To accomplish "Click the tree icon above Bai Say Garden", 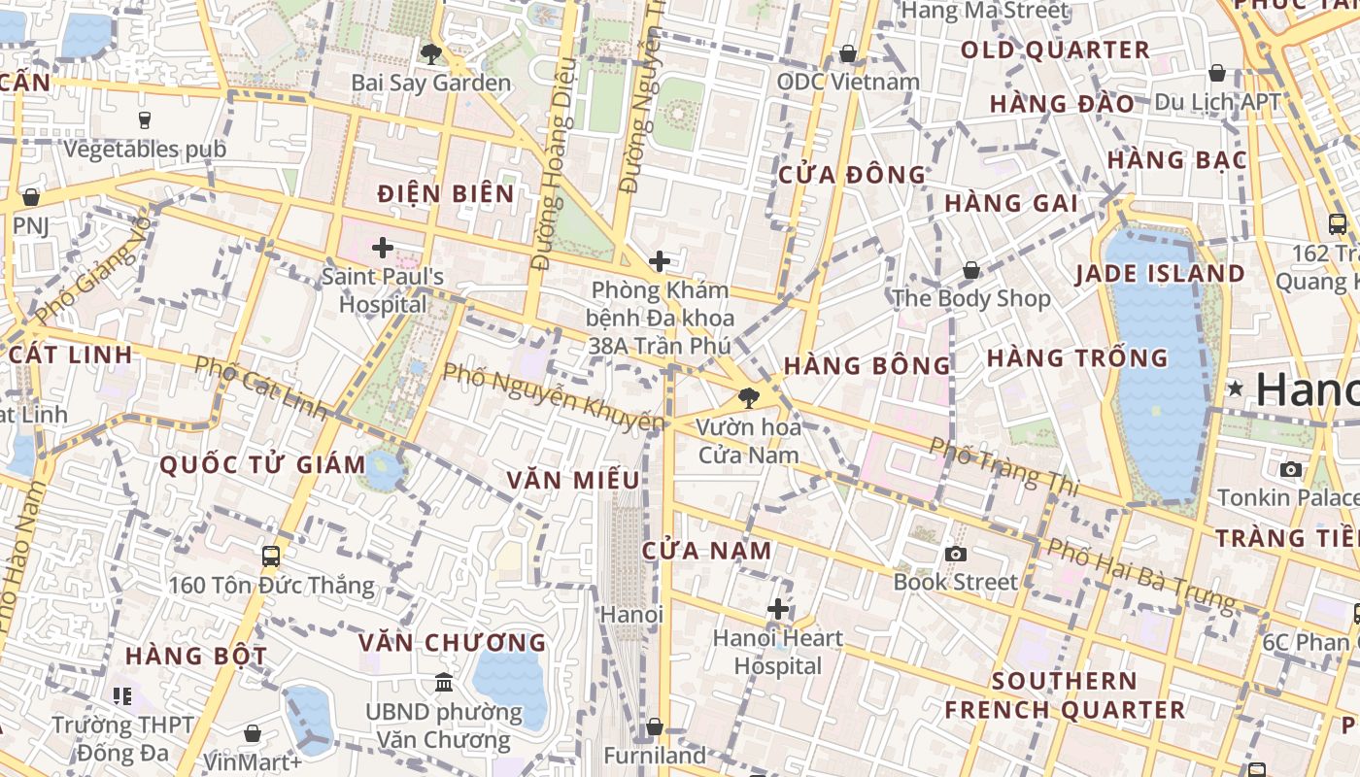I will pos(430,54).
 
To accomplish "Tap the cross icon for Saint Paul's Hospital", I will pos(383,248).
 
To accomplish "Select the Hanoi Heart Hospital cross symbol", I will pos(778,609).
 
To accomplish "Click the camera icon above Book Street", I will pos(956,554).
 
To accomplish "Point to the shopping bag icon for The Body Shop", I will pos(970,270).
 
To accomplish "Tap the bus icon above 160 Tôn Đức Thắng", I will pos(271,557).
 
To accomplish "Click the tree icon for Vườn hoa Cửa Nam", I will pos(749,397).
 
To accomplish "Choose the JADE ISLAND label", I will pos(1160,274).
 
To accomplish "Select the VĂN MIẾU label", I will pos(573,480).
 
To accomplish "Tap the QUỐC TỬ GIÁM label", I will pos(262,464).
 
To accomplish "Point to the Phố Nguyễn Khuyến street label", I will pos(554,396).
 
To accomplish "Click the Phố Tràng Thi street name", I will pos(1004,464).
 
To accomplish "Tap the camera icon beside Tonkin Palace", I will pos(1291,470).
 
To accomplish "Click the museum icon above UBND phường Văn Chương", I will pos(444,683).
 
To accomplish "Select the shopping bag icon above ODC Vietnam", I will pos(848,53).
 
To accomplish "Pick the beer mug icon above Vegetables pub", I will pos(145,119).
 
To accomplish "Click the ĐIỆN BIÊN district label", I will pos(446,193).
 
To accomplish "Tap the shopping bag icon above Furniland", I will pos(655,726).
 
